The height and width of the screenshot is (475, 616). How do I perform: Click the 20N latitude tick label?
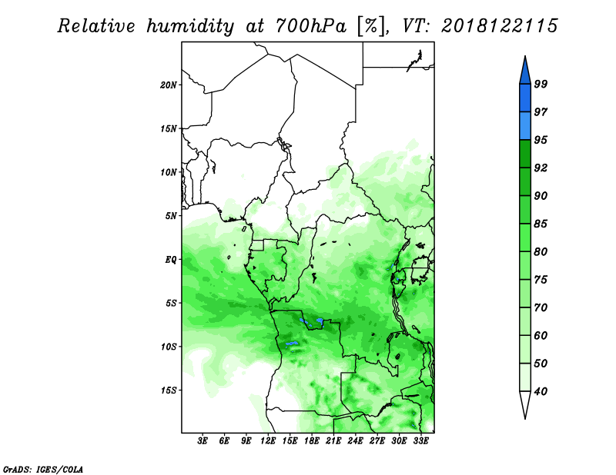click(x=168, y=85)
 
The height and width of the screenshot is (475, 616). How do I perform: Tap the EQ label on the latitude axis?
click(x=171, y=259)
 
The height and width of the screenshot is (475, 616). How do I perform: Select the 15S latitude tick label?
click(x=168, y=390)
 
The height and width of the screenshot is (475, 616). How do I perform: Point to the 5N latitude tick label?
click(x=171, y=216)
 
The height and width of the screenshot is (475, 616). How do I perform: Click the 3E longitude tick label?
click(x=203, y=440)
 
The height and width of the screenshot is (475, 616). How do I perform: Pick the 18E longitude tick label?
click(x=312, y=440)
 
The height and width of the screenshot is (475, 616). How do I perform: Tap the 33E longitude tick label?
click(x=420, y=440)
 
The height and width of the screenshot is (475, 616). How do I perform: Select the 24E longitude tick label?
click(x=355, y=440)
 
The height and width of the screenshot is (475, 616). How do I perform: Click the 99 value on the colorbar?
click(x=541, y=84)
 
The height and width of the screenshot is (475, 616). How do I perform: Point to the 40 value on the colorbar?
click(x=541, y=391)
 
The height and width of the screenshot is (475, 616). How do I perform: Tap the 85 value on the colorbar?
click(x=541, y=224)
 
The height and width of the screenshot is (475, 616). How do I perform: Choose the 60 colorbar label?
click(x=541, y=335)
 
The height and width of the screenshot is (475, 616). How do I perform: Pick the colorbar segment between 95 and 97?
click(x=525, y=126)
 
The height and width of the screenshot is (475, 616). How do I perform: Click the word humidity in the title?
click(x=190, y=26)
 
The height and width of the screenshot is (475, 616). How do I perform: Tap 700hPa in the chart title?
click(x=311, y=26)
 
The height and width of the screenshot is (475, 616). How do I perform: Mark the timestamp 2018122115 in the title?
click(x=499, y=25)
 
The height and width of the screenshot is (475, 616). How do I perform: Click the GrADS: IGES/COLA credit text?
click(x=43, y=470)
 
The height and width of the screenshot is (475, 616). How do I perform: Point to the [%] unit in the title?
click(x=371, y=26)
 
